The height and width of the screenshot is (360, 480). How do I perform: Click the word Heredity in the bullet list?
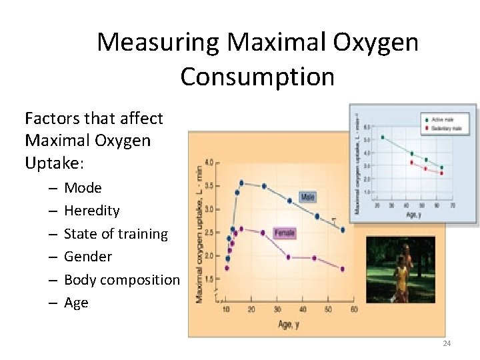click(x=91, y=211)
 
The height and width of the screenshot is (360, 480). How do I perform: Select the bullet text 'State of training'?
click(x=115, y=234)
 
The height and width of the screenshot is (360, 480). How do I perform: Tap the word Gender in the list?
click(x=87, y=257)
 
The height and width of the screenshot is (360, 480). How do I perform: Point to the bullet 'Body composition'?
click(x=121, y=280)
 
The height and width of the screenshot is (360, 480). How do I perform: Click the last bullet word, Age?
click(x=76, y=303)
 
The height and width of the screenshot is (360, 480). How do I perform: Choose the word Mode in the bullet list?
click(x=83, y=188)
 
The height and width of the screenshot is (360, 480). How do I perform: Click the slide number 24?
click(x=447, y=343)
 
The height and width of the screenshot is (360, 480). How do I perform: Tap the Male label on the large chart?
click(x=307, y=197)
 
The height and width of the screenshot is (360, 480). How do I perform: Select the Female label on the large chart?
click(x=284, y=233)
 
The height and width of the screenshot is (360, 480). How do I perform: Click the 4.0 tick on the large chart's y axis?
click(x=209, y=162)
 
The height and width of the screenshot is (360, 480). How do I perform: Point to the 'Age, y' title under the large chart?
click(x=288, y=325)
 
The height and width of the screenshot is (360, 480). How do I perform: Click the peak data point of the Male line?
click(x=241, y=183)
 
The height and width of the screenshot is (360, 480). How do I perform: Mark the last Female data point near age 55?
click(x=343, y=269)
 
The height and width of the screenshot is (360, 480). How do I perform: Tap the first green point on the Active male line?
click(x=383, y=137)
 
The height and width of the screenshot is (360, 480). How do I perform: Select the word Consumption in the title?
click(x=257, y=77)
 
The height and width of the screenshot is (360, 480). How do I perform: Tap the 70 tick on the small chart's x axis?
click(x=452, y=205)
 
